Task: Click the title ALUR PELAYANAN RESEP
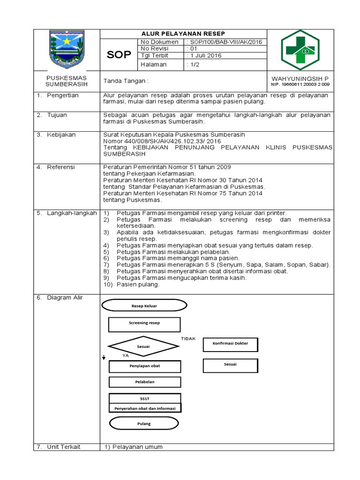[x=183, y=34]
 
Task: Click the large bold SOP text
[x=119, y=55]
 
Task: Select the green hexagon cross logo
[x=300, y=50]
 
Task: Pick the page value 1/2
[x=193, y=65]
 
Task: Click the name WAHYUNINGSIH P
[x=300, y=78]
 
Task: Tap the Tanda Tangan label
[x=126, y=81]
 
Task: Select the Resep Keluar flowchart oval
[x=144, y=306]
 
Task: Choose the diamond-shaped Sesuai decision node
[x=143, y=347]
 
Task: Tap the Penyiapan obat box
[x=144, y=366]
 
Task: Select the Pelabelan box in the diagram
[x=144, y=382]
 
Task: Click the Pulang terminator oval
[x=144, y=424]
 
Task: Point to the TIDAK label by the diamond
[x=188, y=338]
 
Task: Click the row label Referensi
[x=60, y=167]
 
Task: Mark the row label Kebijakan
[x=60, y=135]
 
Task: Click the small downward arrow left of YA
[x=104, y=358]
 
